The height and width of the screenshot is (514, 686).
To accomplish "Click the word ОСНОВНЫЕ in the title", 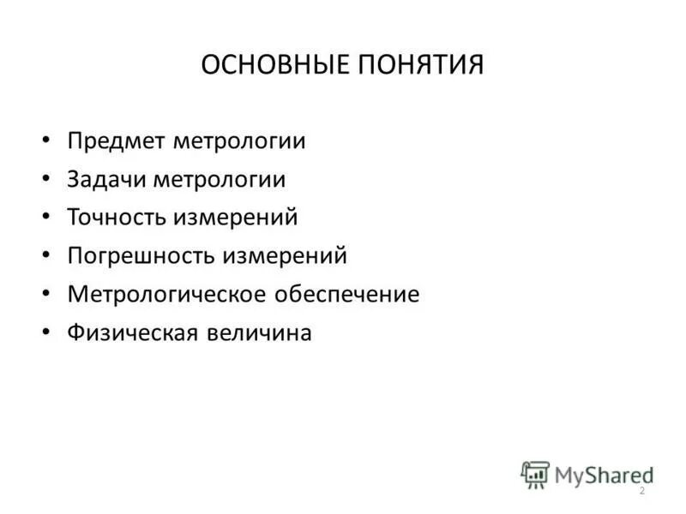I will (x=268, y=66).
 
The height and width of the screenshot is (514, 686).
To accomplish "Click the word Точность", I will (x=118, y=218).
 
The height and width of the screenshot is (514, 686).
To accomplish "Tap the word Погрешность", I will (x=142, y=256).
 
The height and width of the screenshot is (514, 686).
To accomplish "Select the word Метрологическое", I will (x=168, y=295).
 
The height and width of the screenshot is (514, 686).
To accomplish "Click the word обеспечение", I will (x=347, y=295).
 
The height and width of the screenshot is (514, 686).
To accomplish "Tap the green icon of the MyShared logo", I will (x=535, y=474).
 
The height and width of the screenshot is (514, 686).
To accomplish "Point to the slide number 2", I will (x=641, y=490).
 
